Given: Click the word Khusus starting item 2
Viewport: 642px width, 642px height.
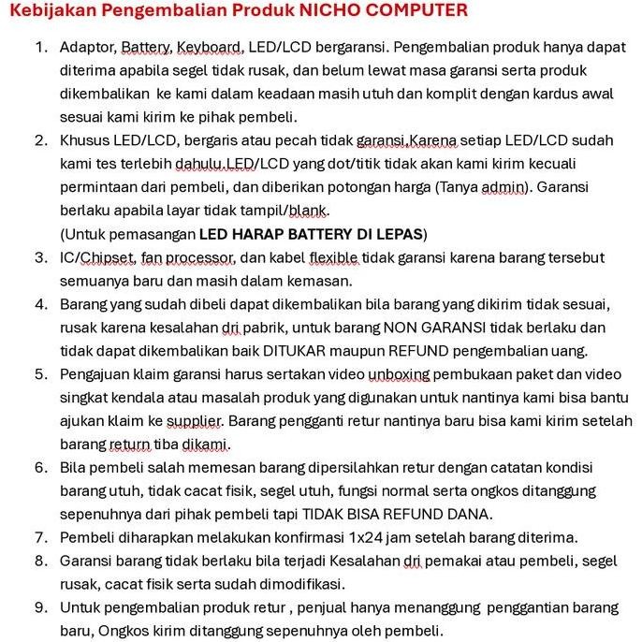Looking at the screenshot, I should coord(85,140).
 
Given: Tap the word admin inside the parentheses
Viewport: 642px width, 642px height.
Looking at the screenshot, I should coord(504,187).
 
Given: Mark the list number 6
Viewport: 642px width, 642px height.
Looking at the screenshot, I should coord(40,467).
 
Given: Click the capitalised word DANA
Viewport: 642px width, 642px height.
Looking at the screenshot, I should coord(470,513).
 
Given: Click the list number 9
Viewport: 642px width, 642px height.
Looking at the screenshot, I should coord(40,606).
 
